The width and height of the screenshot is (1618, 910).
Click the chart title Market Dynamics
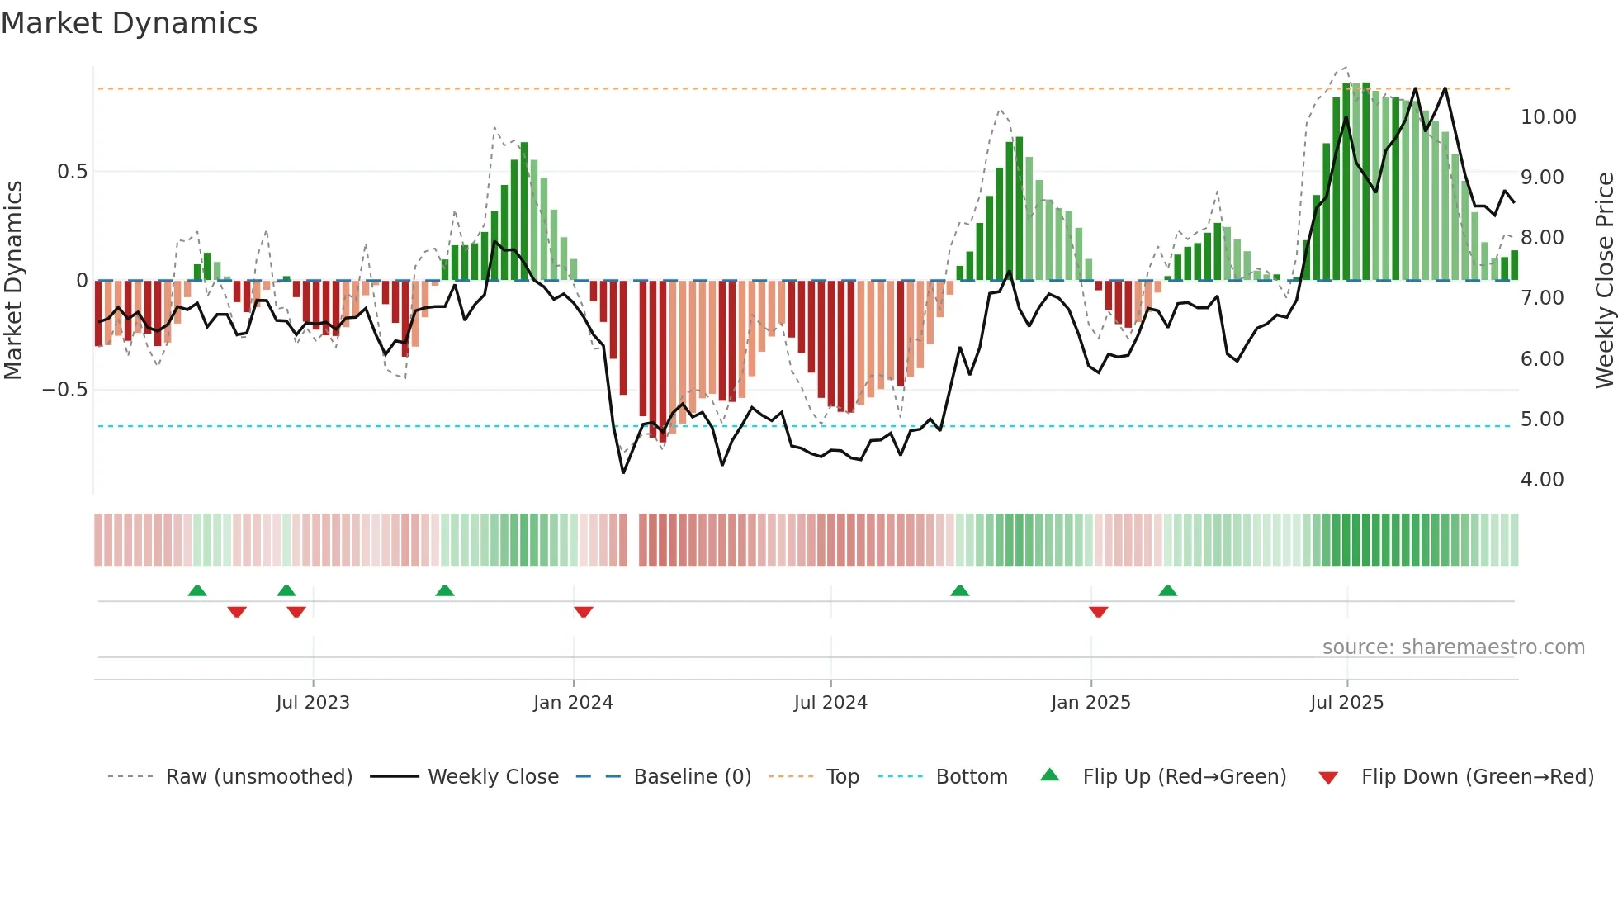pos(129,23)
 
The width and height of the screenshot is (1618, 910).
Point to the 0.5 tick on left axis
pos(72,172)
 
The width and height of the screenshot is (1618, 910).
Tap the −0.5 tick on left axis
pos(64,390)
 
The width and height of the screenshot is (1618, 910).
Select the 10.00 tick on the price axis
pos(1548,117)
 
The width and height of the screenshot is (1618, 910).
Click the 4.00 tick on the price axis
pos(1541,480)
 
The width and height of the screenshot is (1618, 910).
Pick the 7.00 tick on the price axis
pos(1541,298)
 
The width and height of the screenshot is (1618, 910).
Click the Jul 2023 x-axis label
pos(313,703)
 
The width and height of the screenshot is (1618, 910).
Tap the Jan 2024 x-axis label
pos(573,703)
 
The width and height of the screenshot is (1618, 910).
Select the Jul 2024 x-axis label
pos(830,703)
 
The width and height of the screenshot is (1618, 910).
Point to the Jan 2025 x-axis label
pos(1090,703)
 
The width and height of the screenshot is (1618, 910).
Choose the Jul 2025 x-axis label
pos(1346,703)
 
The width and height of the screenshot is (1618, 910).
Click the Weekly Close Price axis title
pos(1604,281)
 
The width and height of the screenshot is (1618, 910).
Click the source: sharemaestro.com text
pos(1453,647)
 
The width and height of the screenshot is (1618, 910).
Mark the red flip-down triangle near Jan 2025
pos(1098,612)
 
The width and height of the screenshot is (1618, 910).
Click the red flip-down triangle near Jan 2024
pos(583,612)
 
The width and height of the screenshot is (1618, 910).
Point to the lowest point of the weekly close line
pos(623,472)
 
